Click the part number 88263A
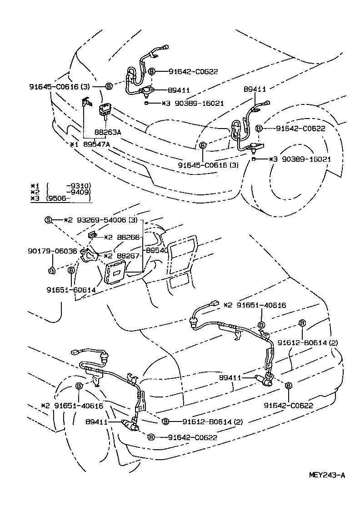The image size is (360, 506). [108, 132]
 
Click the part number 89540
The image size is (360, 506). [157, 250]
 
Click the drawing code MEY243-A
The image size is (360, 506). [327, 475]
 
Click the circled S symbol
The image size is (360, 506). [48, 220]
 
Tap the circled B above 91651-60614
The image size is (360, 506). [71, 270]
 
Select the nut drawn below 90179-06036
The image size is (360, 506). [51, 271]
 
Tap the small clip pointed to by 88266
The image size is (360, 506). [91, 235]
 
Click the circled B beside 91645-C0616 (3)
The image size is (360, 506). [109, 86]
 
